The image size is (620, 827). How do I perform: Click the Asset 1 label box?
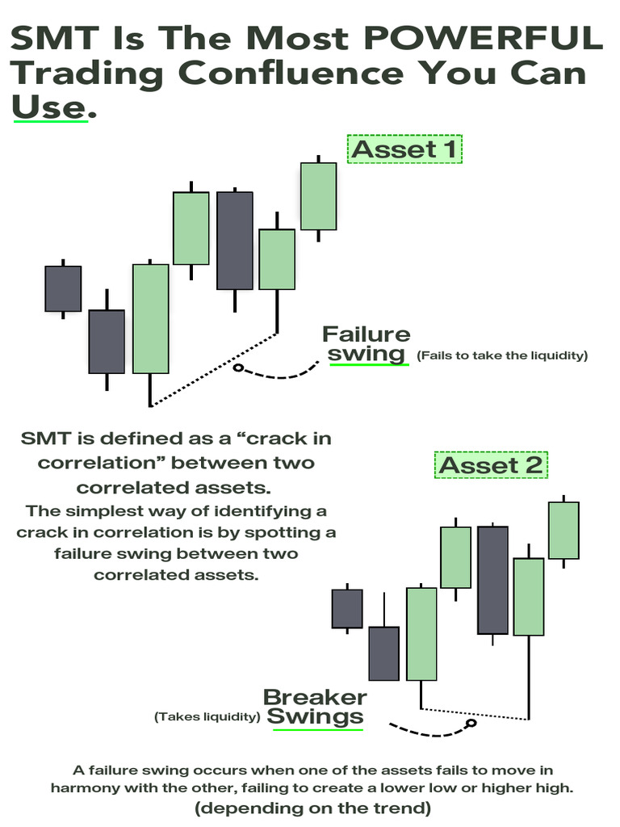[x=404, y=149]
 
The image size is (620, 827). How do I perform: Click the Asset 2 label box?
[x=492, y=465]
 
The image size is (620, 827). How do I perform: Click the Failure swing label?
[x=367, y=344]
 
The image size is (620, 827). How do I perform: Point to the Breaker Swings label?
[x=316, y=707]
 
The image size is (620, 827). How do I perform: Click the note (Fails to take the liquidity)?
[x=502, y=355]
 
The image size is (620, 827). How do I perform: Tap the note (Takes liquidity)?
[x=207, y=716]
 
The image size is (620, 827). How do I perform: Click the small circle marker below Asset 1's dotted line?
[x=237, y=368]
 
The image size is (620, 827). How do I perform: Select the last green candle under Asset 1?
[x=318, y=196]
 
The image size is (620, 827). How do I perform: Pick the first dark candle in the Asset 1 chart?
[x=63, y=288]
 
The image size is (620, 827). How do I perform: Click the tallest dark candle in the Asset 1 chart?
[x=235, y=240]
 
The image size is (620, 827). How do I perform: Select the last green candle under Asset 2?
[x=563, y=530]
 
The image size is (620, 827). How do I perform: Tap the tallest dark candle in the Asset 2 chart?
[x=492, y=580]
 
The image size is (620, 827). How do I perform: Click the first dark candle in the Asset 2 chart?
[x=347, y=608]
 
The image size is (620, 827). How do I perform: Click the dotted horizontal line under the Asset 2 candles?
[x=475, y=713]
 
